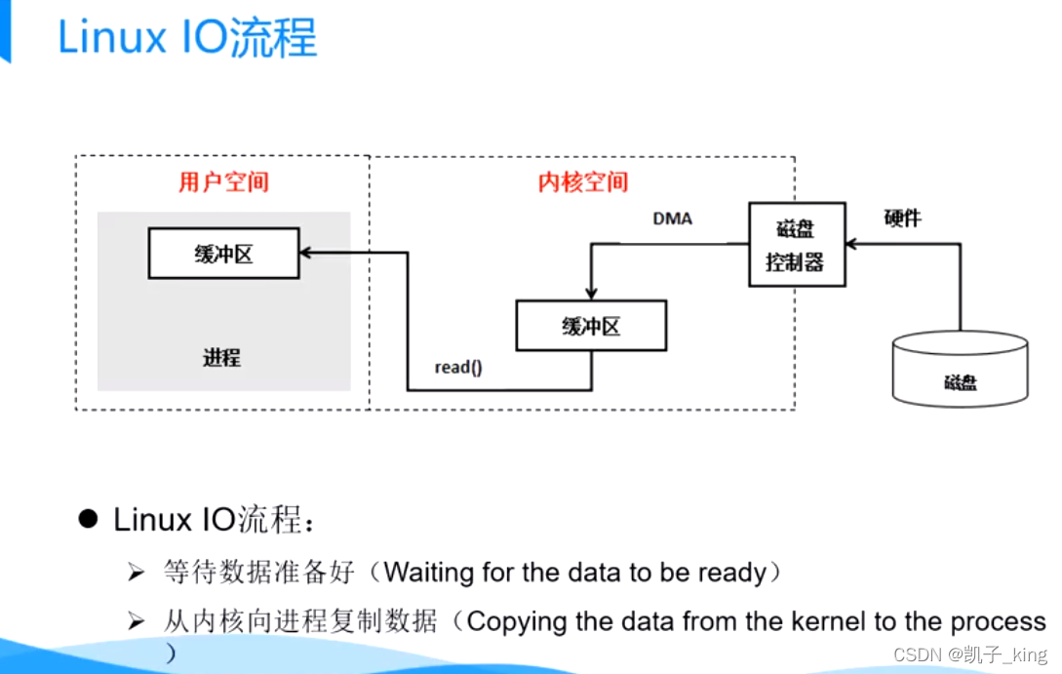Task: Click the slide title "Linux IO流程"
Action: click(x=187, y=39)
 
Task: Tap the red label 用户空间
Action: click(x=223, y=181)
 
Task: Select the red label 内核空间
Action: click(x=583, y=181)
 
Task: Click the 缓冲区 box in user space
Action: click(x=223, y=254)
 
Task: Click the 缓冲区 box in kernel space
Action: click(x=591, y=326)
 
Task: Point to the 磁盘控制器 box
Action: click(x=796, y=244)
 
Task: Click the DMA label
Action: click(x=672, y=218)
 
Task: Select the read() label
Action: click(x=458, y=368)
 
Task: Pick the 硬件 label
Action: click(x=902, y=218)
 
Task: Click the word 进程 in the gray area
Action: click(x=221, y=358)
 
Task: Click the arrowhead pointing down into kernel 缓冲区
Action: click(x=590, y=295)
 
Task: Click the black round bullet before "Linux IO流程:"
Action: click(x=90, y=518)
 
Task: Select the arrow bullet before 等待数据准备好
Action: click(x=136, y=573)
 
